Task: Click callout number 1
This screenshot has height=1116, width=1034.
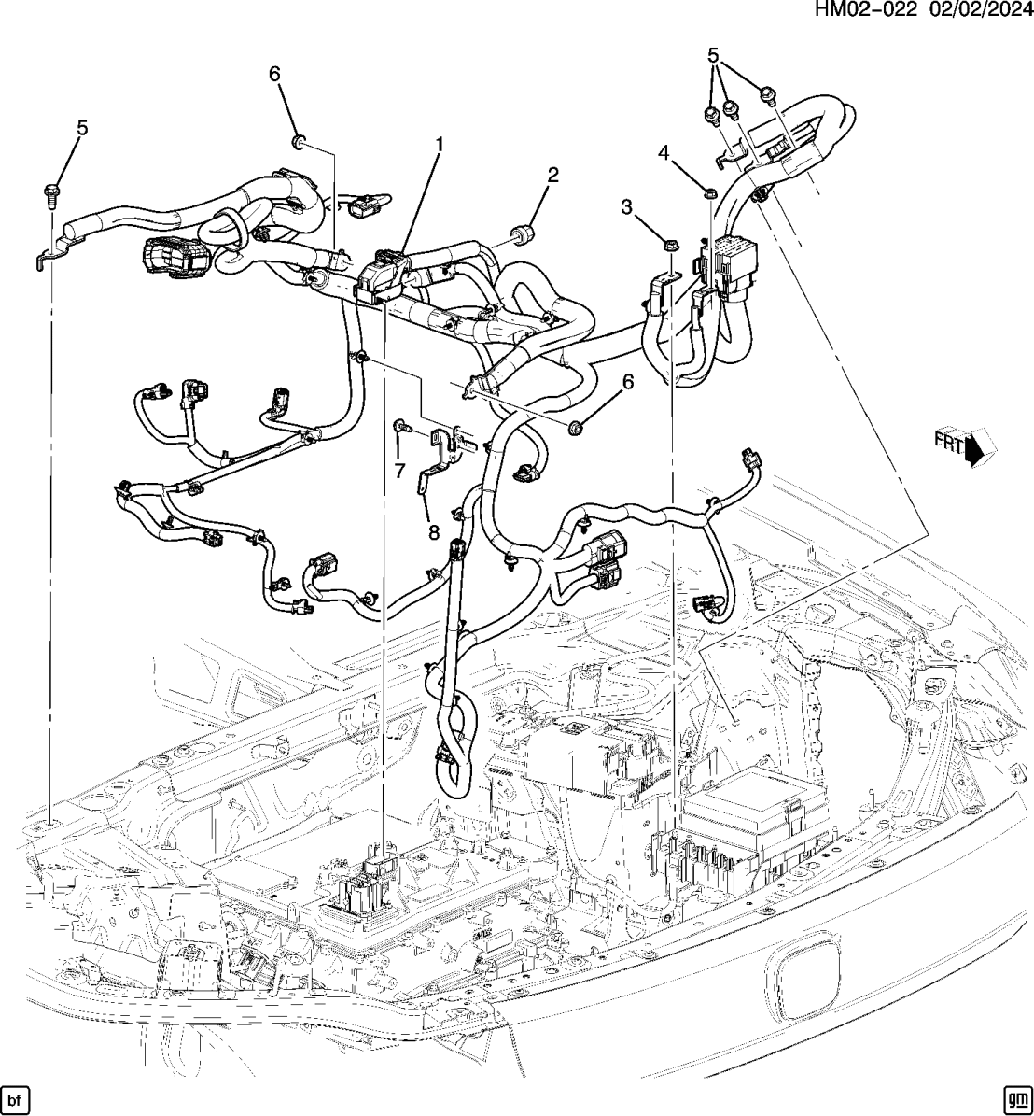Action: [x=437, y=144]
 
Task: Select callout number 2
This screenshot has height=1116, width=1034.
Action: [x=552, y=175]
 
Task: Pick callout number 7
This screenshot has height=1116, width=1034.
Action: [x=399, y=472]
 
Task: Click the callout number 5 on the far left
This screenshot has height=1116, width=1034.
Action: [x=82, y=127]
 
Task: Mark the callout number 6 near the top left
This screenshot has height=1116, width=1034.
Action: [x=275, y=75]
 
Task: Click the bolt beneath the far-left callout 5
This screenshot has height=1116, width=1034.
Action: [x=50, y=194]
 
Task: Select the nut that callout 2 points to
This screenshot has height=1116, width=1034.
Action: [x=524, y=232]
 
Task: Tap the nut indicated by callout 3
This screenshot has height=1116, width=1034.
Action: [x=669, y=246]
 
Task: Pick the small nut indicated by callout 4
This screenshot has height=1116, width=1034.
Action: [x=709, y=193]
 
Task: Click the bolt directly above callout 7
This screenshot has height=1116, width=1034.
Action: [x=399, y=426]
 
